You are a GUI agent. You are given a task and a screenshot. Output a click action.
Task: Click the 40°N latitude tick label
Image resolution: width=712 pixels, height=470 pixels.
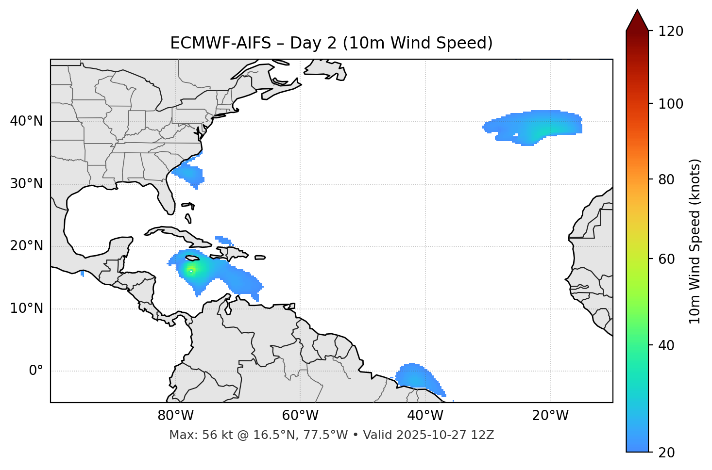point(26,121)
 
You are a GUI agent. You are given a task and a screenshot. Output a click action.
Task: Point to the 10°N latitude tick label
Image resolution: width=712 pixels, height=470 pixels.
point(26,308)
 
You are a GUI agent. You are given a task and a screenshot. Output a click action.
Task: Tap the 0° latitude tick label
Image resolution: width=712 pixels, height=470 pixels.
point(36,371)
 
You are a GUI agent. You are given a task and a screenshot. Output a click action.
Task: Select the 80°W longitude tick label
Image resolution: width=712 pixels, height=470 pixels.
point(175,416)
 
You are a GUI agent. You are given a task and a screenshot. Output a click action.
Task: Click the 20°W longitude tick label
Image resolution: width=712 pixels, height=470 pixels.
point(550,416)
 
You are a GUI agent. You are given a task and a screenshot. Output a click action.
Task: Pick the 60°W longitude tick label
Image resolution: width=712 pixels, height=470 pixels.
point(300,416)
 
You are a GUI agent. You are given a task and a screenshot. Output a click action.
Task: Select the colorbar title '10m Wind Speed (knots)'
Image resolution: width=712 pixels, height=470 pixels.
point(695,241)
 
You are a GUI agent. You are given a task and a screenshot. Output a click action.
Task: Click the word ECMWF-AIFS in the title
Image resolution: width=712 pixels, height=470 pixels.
point(220,43)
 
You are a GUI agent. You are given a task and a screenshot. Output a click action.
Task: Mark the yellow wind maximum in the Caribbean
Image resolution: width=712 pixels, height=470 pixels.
point(191,270)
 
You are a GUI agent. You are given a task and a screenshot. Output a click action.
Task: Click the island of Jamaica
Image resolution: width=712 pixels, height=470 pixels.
point(193,258)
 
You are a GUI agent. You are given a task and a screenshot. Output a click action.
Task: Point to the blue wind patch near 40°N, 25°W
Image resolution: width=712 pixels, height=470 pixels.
point(534,127)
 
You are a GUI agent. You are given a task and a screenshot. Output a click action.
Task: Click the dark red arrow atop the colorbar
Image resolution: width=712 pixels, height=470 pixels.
point(637,21)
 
